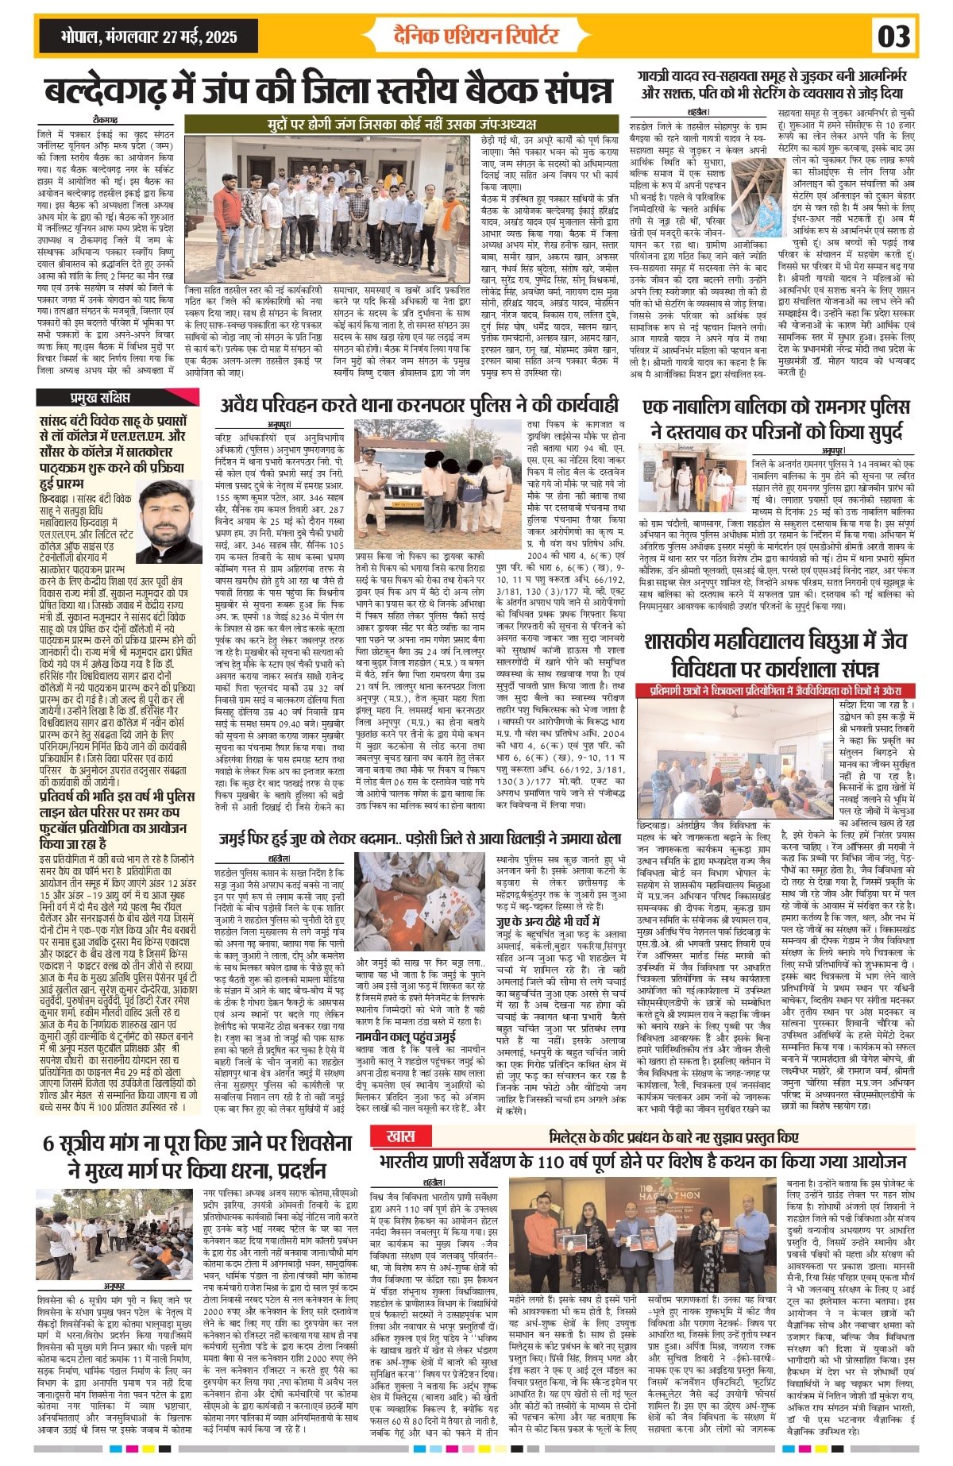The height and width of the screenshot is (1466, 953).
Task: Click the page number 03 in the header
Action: pos(893,37)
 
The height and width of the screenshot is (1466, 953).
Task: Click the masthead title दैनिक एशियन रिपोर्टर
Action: pos(476,34)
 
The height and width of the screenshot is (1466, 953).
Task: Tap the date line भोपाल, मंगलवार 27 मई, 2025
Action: pos(149,37)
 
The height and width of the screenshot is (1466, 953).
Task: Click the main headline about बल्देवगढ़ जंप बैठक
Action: pos(328,91)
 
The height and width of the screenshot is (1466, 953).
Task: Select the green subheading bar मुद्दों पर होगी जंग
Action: pos(401,125)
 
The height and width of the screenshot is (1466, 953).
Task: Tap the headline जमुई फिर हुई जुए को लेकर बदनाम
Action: pos(420,838)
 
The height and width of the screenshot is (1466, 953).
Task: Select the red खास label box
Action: pos(401,1136)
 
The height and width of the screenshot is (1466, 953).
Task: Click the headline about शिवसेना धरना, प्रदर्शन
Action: pos(197,1156)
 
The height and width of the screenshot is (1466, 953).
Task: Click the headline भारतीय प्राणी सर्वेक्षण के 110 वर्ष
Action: pos(643,1161)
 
